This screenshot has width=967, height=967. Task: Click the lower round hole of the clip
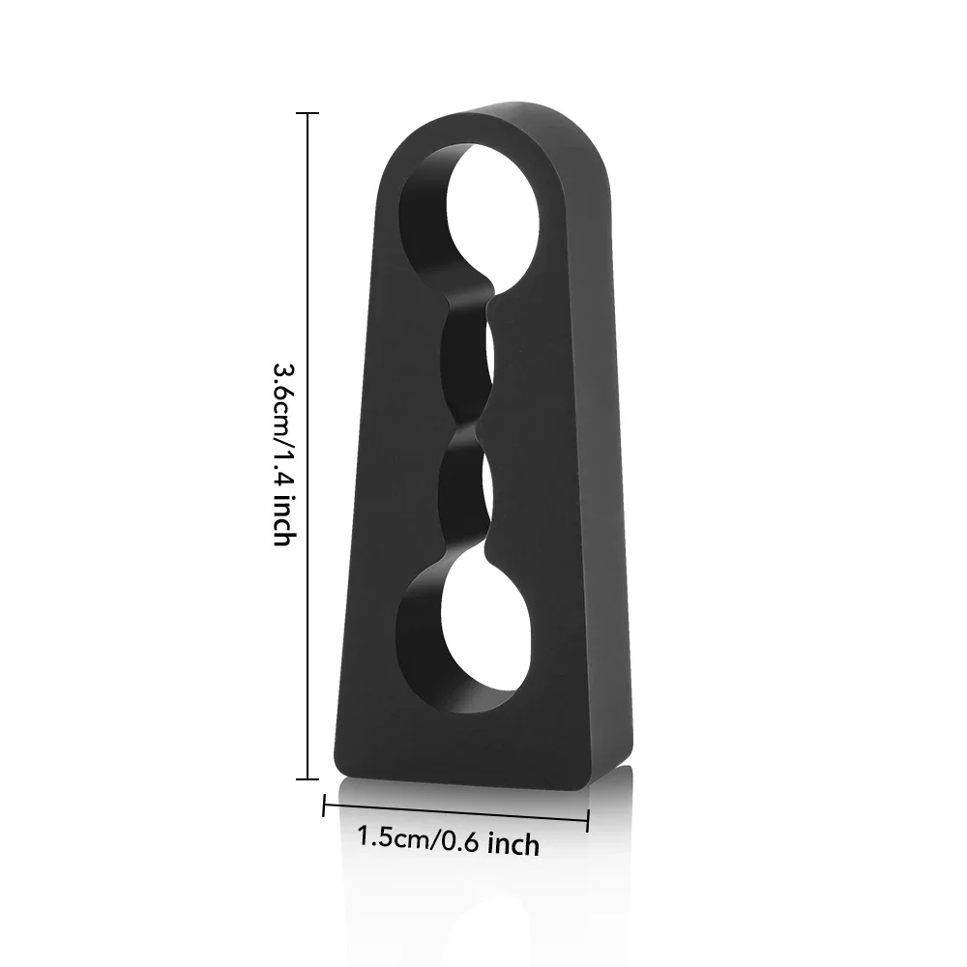pyautogui.click(x=469, y=635)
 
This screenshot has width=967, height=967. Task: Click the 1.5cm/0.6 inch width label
pyautogui.click(x=449, y=841)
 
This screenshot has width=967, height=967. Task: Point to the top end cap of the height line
pyautogui.click(x=308, y=113)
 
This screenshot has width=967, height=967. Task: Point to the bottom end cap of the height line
pyautogui.click(x=308, y=779)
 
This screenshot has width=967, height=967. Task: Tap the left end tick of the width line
pyautogui.click(x=324, y=806)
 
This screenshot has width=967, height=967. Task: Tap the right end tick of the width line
pyautogui.click(x=588, y=821)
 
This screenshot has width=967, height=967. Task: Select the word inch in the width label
pyautogui.click(x=513, y=844)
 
